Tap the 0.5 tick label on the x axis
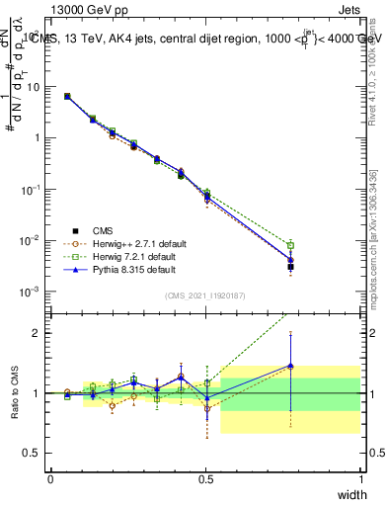click(x=205, y=479)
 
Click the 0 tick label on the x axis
click(x=50, y=479)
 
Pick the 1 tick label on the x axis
click(x=360, y=479)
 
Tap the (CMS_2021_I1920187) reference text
click(x=205, y=295)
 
